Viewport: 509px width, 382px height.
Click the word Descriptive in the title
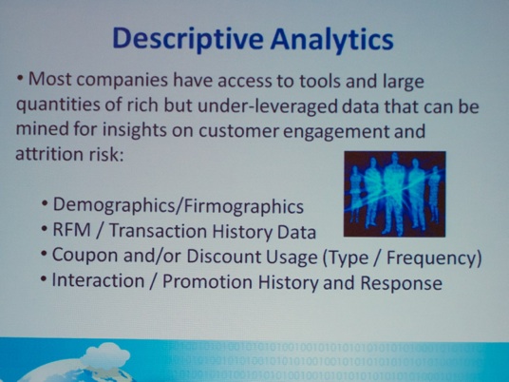pyautogui.click(x=188, y=39)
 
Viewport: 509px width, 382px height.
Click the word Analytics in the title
pyautogui.click(x=332, y=39)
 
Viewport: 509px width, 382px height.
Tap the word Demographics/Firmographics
pyautogui.click(x=179, y=206)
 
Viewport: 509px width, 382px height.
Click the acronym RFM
pyautogui.click(x=71, y=230)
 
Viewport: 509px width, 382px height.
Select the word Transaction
pyautogui.click(x=158, y=231)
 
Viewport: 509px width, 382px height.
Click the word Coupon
pyautogui.click(x=85, y=256)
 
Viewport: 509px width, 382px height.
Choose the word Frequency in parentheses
pyautogui.click(x=434, y=258)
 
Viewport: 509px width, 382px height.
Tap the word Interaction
pyautogui.click(x=99, y=280)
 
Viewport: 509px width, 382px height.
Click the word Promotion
pyautogui.click(x=207, y=281)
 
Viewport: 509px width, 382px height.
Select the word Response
pyautogui.click(x=402, y=283)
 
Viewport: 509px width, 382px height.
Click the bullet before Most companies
pyautogui.click(x=21, y=79)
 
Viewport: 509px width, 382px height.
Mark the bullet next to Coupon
pyautogui.click(x=44, y=255)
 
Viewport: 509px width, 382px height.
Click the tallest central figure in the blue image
pyautogui.click(x=393, y=194)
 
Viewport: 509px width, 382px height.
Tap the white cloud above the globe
pyautogui.click(x=104, y=355)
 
